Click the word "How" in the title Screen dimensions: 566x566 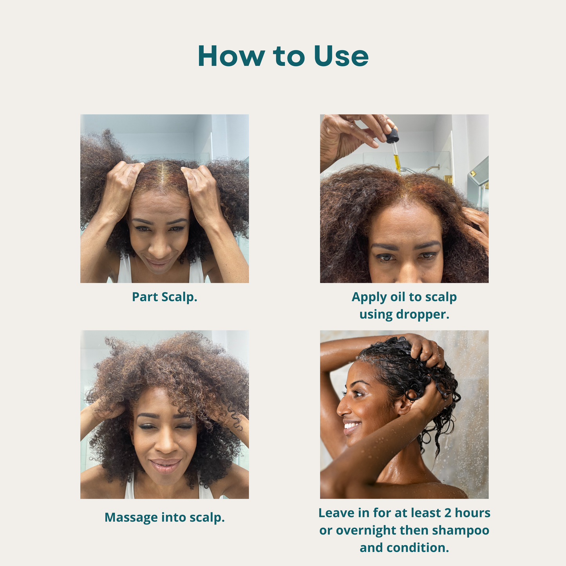231,56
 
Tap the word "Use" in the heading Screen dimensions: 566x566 341,56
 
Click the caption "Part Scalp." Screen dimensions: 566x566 165,297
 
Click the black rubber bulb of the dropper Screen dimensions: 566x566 393,136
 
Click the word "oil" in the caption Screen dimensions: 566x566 398,297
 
